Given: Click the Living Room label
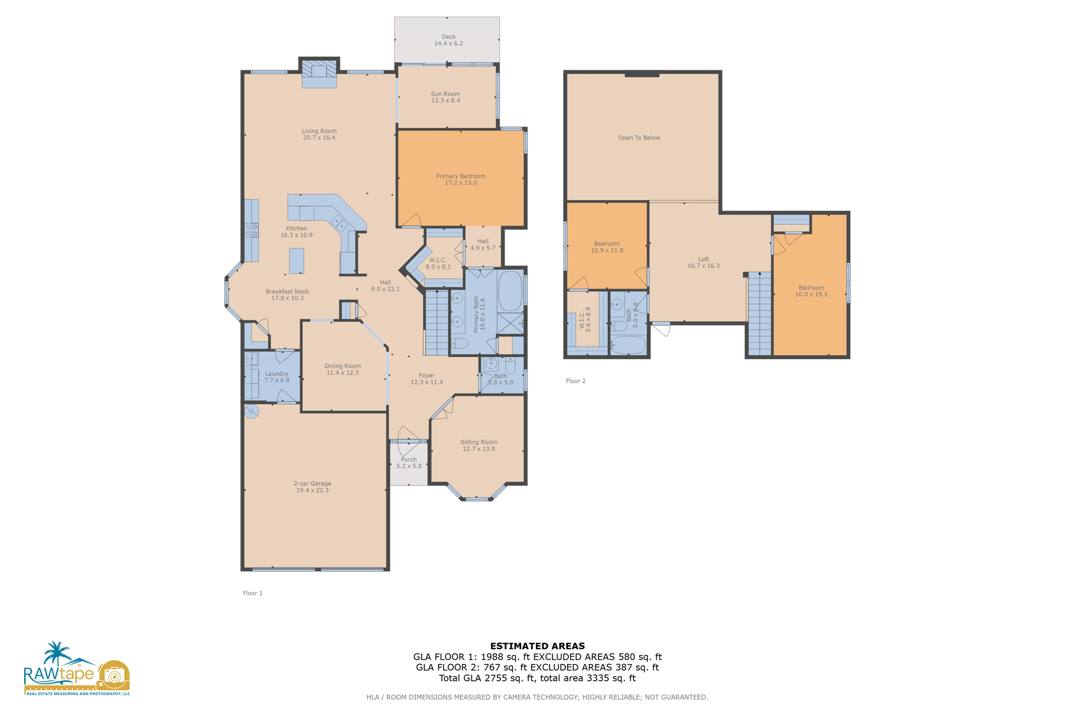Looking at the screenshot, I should tap(319, 131).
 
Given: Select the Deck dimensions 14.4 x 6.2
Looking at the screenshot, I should tap(448, 44).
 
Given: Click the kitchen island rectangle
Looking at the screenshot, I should tap(297, 261).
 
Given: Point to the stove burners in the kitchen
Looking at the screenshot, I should tap(251, 229).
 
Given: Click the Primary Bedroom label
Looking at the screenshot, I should tap(460, 176).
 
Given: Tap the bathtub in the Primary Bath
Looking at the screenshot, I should tap(510, 291).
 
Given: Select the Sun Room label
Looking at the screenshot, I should tap(445, 94).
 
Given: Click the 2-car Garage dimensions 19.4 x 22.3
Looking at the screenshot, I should tap(312, 490).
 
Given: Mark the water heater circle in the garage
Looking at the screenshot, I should tap(252, 411).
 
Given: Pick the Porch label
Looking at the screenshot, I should tap(408, 460).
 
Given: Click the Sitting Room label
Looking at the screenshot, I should tap(478, 442).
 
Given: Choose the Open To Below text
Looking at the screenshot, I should tap(639, 138).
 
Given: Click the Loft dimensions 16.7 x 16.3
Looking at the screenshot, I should tap(703, 266).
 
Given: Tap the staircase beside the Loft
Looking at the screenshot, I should tap(759, 315).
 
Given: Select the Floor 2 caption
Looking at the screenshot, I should tap(575, 381).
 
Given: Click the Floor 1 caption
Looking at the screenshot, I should tap(252, 593).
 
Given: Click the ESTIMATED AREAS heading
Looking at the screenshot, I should tap(537, 646).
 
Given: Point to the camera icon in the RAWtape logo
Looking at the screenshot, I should tap(113, 675).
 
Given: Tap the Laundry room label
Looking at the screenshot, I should tap(277, 374).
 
